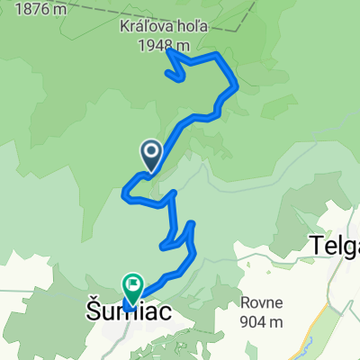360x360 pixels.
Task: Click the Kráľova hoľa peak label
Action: (164, 27)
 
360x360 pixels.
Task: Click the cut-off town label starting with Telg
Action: (334, 243)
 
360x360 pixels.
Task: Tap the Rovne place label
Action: (261, 302)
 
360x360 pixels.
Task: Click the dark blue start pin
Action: (150, 153)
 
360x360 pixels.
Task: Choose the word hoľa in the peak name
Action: (188, 27)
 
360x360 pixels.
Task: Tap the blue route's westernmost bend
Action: (124, 189)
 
